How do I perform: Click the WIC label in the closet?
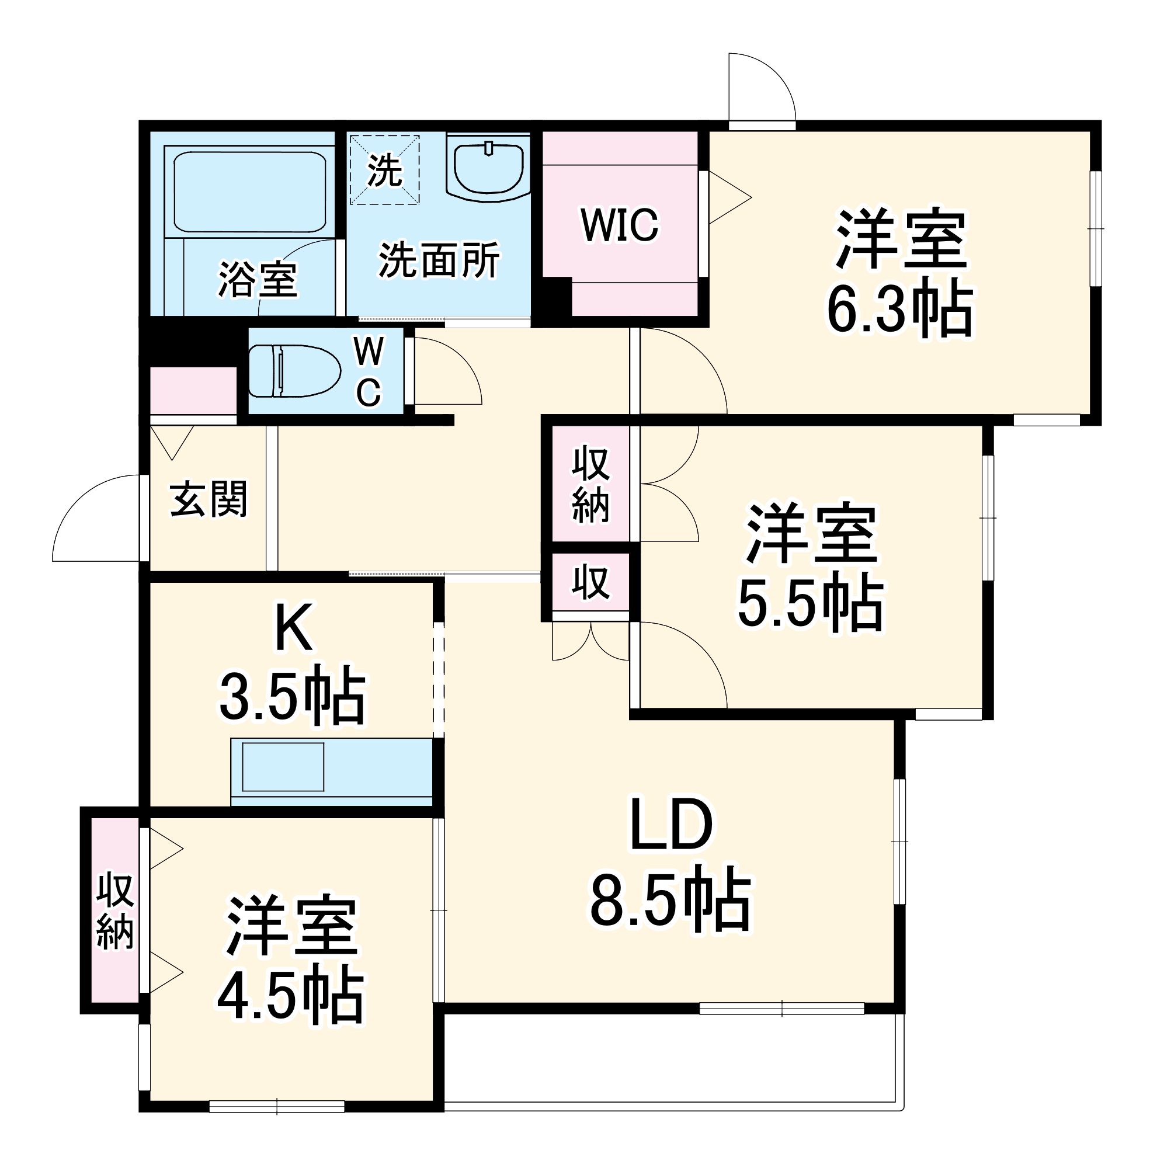(x=619, y=225)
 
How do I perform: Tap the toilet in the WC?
(x=293, y=371)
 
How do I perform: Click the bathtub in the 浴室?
(x=249, y=191)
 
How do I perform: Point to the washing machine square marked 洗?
(x=384, y=170)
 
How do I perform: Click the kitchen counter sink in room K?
(x=283, y=767)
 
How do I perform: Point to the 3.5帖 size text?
(x=293, y=698)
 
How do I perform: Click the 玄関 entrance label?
(x=209, y=499)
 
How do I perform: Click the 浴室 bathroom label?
(x=258, y=279)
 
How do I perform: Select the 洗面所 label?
(x=439, y=260)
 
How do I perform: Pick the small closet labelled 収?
(x=590, y=583)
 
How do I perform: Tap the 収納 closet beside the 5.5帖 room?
(x=590, y=484)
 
